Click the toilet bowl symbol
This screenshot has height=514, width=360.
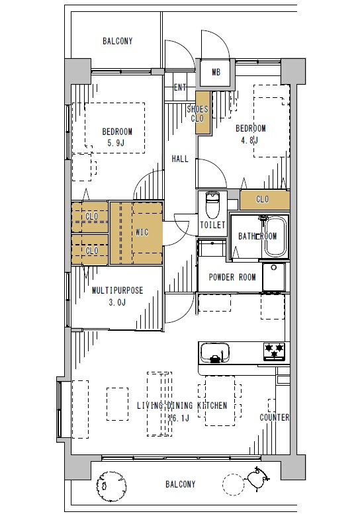coord(212,206)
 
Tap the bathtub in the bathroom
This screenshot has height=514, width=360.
coord(275,237)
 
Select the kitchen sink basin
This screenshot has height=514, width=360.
coord(215,353)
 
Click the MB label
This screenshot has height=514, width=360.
coord(216,72)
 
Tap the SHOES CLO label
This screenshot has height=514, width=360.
coord(197,113)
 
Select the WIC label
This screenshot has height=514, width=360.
coord(142,232)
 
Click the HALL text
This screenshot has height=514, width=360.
coord(180,159)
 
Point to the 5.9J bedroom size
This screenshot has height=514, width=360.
coord(116,143)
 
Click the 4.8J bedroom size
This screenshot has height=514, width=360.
coord(249,140)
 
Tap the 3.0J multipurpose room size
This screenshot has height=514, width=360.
coord(117,302)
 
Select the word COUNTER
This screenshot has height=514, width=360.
coord(275,417)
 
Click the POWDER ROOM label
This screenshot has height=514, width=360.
coord(232,277)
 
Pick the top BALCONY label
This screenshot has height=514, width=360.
coord(117,41)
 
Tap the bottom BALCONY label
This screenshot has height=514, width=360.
coord(180,484)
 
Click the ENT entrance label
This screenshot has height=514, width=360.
coord(180,87)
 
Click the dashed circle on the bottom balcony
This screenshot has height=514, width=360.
coord(233,484)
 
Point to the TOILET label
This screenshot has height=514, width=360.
coord(213,225)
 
